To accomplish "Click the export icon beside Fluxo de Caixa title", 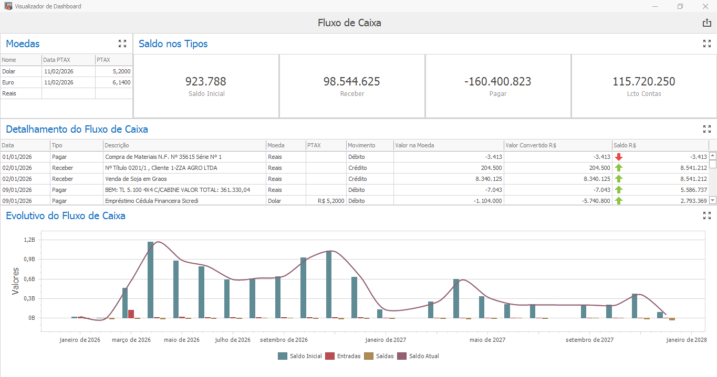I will pos(706,23).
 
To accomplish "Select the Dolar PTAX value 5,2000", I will pos(121,71).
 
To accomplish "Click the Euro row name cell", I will pos(8,82).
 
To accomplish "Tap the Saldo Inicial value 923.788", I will pos(205,82).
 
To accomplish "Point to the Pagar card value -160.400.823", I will pos(497,82).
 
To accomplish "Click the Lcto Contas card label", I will pos(643,94).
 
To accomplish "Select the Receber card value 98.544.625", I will pos(351,82).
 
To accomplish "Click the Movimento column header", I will pos(361,145).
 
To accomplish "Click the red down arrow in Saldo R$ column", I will pos(619,157).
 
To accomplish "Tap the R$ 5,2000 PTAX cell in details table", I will pos(331,201).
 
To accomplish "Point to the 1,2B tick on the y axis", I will pos(30,240).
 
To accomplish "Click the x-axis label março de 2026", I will pos(131,340).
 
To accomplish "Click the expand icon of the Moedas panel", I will pos(122,44).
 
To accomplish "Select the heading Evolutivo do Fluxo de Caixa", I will pos(66,216).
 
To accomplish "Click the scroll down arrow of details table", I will pos(713,200).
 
